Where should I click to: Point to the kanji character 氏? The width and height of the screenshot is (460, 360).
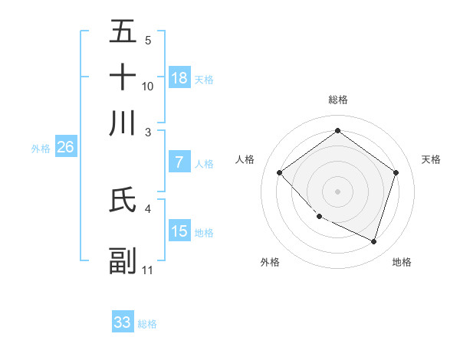click(x=123, y=200)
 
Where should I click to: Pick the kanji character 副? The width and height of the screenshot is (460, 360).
click(x=123, y=261)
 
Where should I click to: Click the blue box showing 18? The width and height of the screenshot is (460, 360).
click(x=179, y=77)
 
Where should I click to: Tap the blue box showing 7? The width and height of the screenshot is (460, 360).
click(x=179, y=162)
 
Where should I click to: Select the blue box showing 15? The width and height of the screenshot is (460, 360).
click(x=179, y=231)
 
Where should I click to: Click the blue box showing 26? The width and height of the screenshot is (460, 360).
click(x=65, y=148)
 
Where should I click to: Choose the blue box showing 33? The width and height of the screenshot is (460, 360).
click(x=123, y=322)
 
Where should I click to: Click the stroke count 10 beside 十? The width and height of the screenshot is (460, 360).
click(x=148, y=87)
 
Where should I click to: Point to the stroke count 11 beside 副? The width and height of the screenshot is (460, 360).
click(x=148, y=270)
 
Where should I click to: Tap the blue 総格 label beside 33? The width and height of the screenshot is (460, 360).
click(x=147, y=324)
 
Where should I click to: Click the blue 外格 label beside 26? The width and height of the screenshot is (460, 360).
click(x=41, y=149)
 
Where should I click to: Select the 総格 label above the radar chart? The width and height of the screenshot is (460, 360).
click(x=337, y=100)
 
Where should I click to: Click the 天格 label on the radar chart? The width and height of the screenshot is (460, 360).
click(x=431, y=159)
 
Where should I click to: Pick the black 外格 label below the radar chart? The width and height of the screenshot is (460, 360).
click(x=270, y=262)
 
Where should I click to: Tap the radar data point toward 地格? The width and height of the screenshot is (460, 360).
click(x=373, y=241)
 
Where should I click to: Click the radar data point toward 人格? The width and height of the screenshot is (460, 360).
click(x=280, y=173)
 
